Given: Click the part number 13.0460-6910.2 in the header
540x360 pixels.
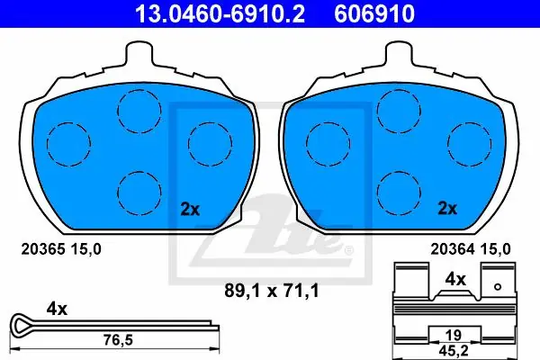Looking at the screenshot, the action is click(220, 13).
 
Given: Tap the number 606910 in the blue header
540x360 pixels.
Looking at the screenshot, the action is click(374, 13).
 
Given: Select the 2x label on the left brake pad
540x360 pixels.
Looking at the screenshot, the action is click(190, 209).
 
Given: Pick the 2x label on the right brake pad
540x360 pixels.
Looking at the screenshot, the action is click(447, 208).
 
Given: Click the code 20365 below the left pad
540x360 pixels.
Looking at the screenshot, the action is click(43, 249).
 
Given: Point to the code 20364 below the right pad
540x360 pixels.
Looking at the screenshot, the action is click(453, 249).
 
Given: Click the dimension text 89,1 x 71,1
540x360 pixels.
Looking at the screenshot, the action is click(272, 291).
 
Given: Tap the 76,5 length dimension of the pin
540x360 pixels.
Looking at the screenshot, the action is click(118, 340).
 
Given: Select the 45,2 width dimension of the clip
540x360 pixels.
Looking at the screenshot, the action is click(454, 351).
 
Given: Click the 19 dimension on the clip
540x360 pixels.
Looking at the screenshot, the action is click(454, 335).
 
